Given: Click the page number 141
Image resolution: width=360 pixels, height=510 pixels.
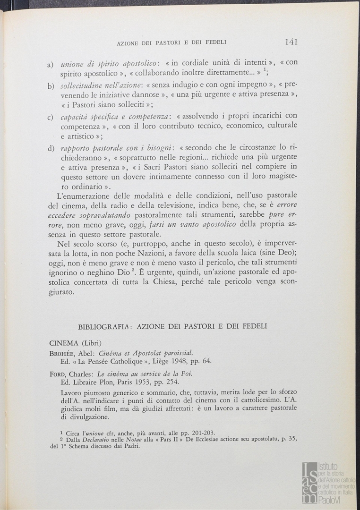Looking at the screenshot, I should coord(291,42).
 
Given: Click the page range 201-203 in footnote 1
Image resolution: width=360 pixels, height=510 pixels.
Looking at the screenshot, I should coord(203,432).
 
